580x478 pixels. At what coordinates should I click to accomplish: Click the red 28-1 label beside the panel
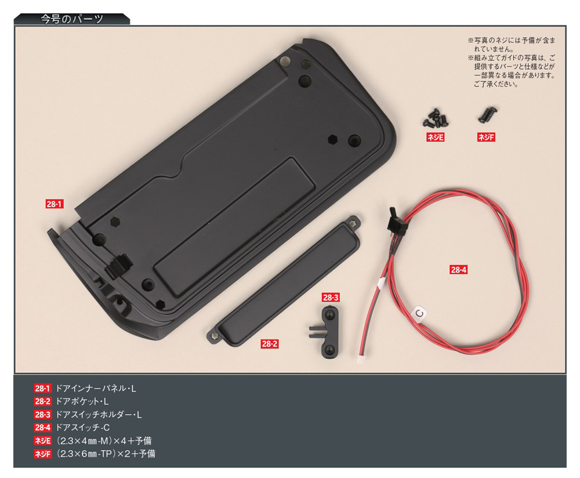pos(55,204)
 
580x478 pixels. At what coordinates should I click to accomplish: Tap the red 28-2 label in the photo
pos(269,343)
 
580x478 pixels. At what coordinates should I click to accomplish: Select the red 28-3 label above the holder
pos(331,298)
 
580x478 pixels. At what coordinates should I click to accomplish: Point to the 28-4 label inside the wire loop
pos(458,270)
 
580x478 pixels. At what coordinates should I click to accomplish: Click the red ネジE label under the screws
pos(435,137)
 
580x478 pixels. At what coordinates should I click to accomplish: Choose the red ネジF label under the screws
pos(486,137)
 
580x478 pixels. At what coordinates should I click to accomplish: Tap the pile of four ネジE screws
pos(436,117)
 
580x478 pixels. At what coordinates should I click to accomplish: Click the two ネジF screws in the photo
pos(487,114)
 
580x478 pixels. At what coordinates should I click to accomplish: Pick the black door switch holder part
pos(328,332)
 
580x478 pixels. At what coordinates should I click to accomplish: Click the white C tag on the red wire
pos(420,313)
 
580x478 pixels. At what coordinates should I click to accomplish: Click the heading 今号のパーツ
pos(72,19)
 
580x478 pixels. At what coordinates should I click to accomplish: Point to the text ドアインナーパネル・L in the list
pos(96,389)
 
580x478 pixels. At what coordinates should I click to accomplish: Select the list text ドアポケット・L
pos(82,401)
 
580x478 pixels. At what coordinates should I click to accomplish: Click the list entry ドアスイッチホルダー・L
pos(99,415)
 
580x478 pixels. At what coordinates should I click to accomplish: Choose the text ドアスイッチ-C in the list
pos(82,428)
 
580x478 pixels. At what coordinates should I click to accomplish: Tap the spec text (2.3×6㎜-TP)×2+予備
pos(106,454)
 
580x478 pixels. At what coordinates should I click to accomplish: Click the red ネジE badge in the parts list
pos(42,441)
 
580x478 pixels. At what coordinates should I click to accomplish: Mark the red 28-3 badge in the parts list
pos(42,415)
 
